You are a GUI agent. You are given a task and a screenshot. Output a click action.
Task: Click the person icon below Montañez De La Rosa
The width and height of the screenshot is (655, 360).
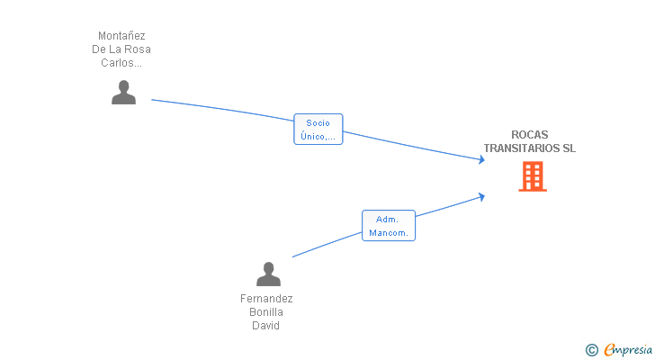click(123, 92)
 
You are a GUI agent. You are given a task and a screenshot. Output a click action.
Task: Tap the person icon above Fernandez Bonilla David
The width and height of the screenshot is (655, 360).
click(268, 274)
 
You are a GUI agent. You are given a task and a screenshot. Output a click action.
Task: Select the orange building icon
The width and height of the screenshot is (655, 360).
click(533, 176)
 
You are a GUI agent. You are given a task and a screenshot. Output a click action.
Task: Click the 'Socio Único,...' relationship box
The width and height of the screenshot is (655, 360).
click(319, 129)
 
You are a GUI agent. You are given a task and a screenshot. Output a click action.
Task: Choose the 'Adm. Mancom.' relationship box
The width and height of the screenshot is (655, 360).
click(389, 226)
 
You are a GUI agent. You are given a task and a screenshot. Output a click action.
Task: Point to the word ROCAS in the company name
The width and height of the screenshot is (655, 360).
click(530, 134)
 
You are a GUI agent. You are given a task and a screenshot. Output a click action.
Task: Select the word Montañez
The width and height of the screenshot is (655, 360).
click(121, 35)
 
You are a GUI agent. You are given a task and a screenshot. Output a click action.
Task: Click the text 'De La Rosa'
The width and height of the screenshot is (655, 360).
click(121, 49)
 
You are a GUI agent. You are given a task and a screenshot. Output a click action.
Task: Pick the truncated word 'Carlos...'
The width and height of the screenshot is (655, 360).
click(121, 63)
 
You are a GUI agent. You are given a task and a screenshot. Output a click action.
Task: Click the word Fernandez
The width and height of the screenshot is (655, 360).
click(266, 299)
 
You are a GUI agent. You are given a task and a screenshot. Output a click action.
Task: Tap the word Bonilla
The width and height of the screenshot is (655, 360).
click(266, 312)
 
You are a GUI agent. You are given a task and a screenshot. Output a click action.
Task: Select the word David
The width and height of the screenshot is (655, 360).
click(265, 325)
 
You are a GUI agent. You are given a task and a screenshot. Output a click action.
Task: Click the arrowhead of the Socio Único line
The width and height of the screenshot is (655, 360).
click(481, 159)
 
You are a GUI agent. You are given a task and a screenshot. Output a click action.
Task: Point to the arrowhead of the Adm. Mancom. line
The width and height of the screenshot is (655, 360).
click(481, 197)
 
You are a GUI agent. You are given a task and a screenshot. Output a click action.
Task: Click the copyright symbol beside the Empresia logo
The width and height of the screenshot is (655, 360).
click(592, 350)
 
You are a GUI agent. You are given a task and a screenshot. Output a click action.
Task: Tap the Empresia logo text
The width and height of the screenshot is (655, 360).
click(628, 349)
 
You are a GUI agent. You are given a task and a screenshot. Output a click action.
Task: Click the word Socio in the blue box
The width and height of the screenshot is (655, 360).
click(318, 122)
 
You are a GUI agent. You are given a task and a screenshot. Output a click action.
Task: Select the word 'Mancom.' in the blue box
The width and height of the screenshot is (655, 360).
click(389, 232)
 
